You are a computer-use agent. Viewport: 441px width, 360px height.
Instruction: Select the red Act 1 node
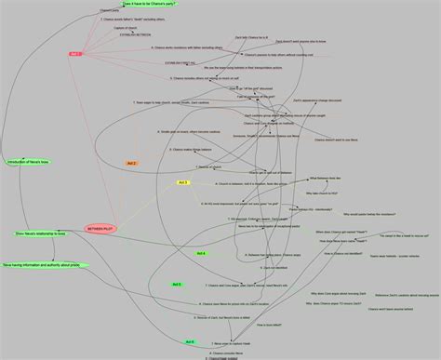[x=75, y=54]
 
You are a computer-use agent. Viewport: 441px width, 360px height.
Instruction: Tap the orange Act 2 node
[x=131, y=163]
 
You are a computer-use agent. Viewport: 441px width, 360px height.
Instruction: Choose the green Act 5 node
[x=177, y=284]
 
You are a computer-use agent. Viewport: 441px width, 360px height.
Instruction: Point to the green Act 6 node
[x=190, y=341]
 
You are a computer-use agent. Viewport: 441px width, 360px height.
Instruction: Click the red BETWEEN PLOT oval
[x=100, y=227]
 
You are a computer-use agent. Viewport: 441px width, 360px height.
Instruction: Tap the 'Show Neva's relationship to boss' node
[x=41, y=233]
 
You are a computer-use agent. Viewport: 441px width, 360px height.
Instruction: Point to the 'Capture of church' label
[x=126, y=28]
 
